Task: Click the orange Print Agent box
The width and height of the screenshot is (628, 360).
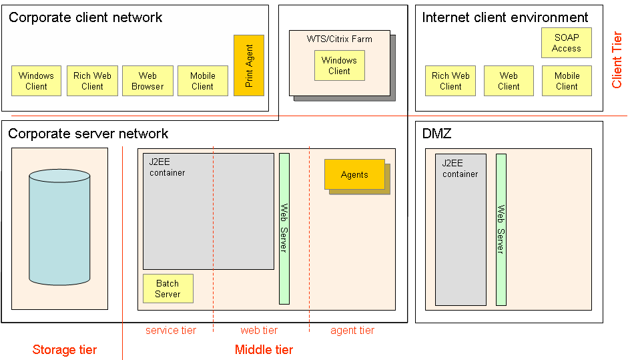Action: [249, 65]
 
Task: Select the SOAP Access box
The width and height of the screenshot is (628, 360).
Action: [567, 43]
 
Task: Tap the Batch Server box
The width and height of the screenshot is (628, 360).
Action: [168, 289]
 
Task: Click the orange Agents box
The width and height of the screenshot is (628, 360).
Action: [354, 174]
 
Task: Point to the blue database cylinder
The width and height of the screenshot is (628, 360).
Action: [59, 227]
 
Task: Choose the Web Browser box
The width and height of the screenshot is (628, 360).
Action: [147, 81]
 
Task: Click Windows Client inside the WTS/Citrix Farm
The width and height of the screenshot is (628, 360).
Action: [339, 65]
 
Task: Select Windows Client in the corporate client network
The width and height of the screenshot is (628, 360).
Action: [36, 81]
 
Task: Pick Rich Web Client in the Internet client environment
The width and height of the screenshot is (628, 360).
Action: [450, 81]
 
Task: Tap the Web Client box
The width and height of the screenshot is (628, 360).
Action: [509, 81]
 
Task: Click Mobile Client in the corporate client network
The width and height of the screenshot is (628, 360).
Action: [203, 81]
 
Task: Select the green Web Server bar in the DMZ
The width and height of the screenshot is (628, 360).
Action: [501, 229]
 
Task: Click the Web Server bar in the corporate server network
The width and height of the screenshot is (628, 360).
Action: [284, 228]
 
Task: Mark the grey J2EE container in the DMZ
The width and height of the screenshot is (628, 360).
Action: [460, 229]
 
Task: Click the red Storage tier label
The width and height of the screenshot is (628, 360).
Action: [65, 349]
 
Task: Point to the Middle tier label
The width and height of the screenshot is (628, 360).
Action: [264, 349]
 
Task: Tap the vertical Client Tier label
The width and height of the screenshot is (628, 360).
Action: [617, 60]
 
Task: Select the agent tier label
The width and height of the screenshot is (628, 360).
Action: [352, 330]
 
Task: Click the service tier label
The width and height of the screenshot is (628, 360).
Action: [171, 330]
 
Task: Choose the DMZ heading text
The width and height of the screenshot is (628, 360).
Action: [437, 134]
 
